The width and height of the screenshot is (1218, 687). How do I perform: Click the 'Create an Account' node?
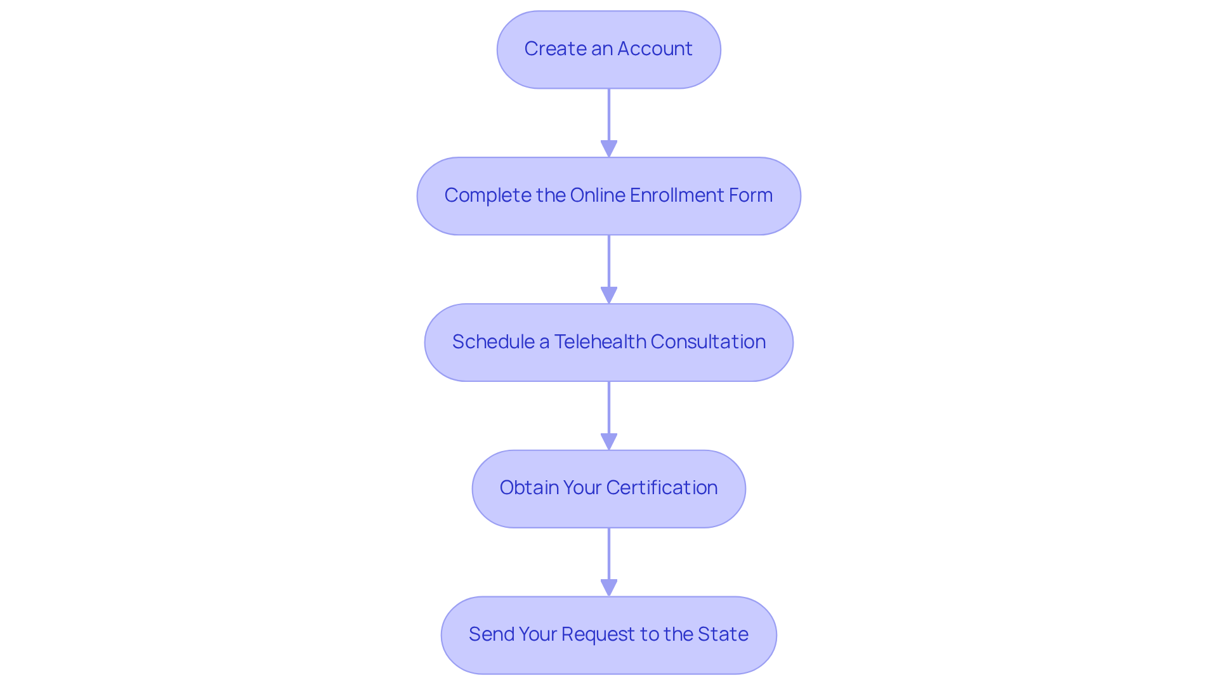tap(609, 49)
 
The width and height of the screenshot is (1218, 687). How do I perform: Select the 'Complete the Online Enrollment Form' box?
tap(609, 196)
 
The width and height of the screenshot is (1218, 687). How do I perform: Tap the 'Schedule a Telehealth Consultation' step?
tap(609, 343)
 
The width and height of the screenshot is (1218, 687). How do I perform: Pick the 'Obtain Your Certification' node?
tap(609, 489)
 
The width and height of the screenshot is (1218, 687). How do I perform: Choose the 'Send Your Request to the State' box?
tap(609, 635)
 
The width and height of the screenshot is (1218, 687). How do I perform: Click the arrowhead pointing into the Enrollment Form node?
tap(609, 149)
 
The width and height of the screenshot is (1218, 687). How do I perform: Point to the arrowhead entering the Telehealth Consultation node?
tap(609, 296)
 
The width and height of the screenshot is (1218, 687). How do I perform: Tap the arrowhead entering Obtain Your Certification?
tap(609, 442)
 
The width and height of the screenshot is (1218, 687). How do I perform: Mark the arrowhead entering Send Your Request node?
tap(609, 588)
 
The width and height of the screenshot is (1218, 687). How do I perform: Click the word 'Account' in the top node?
tap(655, 49)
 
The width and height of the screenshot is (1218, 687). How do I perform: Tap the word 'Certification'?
tap(662, 488)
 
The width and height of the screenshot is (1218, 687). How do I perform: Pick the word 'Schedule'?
tap(493, 342)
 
